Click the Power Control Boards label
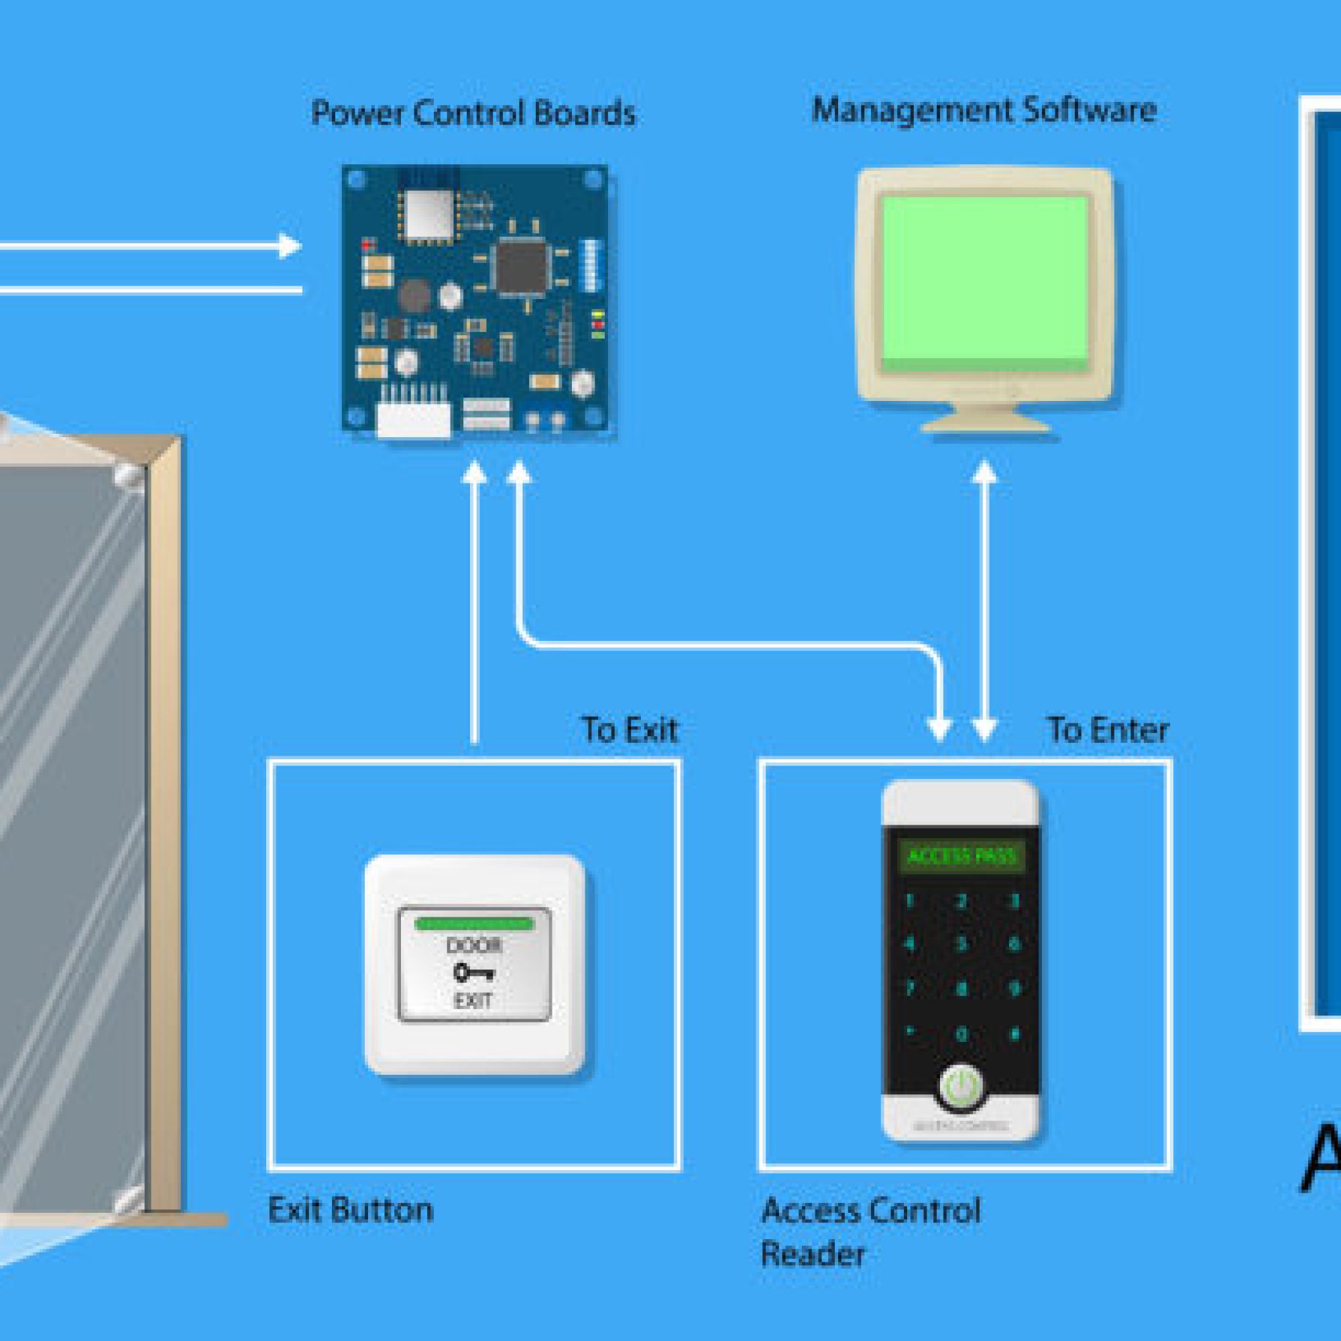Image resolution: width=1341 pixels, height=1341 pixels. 473,113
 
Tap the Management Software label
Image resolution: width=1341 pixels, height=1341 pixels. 984,111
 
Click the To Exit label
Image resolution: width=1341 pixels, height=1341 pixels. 630,730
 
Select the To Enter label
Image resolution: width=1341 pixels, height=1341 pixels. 1108,730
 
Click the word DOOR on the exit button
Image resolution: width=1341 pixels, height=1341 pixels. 473,945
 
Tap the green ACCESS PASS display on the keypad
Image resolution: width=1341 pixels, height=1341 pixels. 961,856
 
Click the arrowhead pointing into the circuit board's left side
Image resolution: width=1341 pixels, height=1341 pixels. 291,245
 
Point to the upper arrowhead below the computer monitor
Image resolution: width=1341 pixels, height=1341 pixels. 984,473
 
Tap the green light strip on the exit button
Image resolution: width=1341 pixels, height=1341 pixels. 474,924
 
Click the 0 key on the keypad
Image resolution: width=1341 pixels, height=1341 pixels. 961,1034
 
